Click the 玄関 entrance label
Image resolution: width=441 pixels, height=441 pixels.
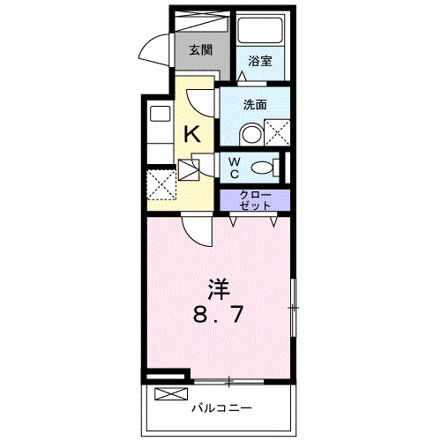[200, 50]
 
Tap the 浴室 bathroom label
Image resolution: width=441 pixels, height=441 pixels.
[260, 61]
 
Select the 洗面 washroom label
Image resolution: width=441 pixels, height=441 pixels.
[255, 104]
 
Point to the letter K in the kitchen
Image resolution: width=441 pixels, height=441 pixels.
[192, 133]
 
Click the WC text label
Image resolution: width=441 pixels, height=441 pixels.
[235, 168]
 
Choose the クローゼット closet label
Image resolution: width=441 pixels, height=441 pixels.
[255, 200]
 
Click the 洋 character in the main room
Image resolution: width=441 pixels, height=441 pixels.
[219, 289]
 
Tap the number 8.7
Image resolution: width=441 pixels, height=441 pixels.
[218, 314]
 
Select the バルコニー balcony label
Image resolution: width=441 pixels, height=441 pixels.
[222, 408]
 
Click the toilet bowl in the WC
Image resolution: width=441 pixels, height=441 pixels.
[262, 168]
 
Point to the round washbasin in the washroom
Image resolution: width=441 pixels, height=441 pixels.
[251, 135]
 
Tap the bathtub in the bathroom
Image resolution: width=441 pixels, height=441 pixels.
[260, 30]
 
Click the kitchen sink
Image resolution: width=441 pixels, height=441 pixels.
[161, 114]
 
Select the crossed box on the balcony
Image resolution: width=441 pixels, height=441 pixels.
[171, 394]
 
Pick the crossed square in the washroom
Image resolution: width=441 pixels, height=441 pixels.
[277, 132]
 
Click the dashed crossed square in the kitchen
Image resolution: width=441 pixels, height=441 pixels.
[161, 185]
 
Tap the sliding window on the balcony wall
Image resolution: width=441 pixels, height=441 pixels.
[228, 382]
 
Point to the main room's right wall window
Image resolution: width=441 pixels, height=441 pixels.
[293, 308]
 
